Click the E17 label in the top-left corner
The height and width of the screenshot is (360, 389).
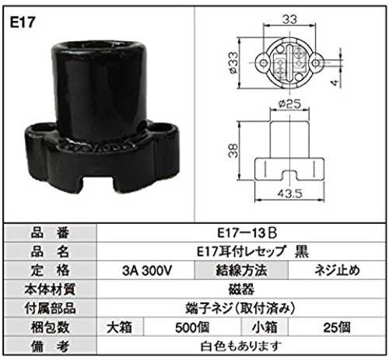pyautogui.click(x=23, y=22)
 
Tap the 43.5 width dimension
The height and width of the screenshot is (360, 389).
pyautogui.click(x=290, y=194)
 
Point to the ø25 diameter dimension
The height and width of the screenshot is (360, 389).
pyautogui.click(x=289, y=104)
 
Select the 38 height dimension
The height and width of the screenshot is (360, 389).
pyautogui.click(x=233, y=150)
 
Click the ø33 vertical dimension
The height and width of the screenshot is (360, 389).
pyautogui.click(x=233, y=62)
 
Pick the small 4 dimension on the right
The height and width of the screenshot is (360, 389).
pyautogui.click(x=335, y=82)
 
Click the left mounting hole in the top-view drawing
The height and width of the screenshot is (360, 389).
pyautogui.click(x=264, y=63)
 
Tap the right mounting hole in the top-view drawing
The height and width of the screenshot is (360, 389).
pyautogui.click(x=315, y=63)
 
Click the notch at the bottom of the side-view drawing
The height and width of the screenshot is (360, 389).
pyautogui.click(x=289, y=175)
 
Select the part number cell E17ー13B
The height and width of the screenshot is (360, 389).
pyautogui.click(x=247, y=232)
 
